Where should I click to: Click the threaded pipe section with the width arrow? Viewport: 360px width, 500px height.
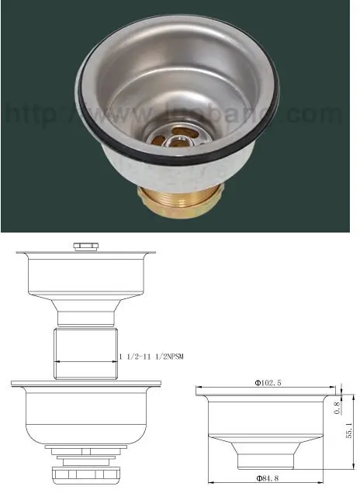(85, 353)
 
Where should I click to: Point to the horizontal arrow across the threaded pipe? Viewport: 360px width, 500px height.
(85, 363)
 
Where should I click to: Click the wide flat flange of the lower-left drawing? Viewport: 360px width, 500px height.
(85, 383)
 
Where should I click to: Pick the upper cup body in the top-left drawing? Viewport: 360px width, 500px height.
(85, 271)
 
